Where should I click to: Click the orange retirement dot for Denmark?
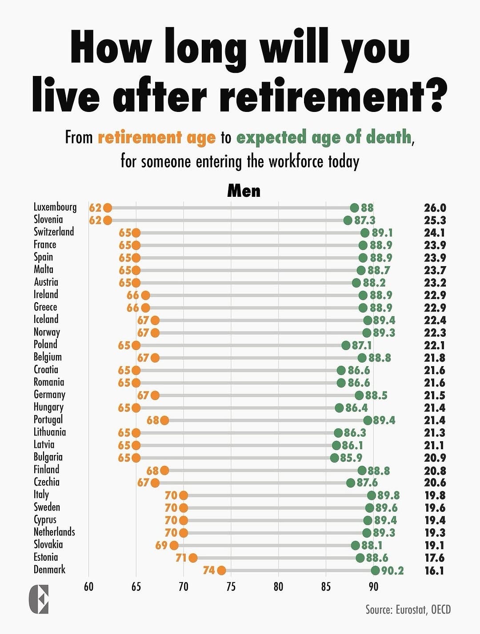[221, 570]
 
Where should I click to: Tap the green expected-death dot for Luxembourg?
[354, 207]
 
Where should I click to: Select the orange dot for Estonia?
[193, 558]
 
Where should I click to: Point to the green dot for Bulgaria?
[334, 458]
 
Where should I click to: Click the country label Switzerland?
[54, 231]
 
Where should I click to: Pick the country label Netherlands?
[54, 532]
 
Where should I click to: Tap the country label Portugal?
[48, 420]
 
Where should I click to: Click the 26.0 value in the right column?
[435, 207]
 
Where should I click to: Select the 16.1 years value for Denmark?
[434, 571]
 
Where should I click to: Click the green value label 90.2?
[392, 570]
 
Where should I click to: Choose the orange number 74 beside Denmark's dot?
[209, 570]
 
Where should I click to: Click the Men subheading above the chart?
[244, 191]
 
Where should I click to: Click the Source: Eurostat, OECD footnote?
[408, 610]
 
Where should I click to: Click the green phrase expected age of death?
[324, 137]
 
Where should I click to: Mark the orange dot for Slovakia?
[174, 546]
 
